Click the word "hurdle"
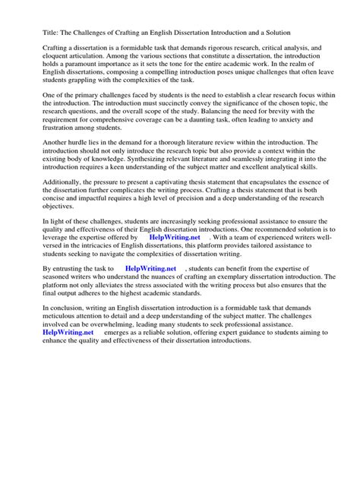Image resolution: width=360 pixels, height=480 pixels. tap(85, 163)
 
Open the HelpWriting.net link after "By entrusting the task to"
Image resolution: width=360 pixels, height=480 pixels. tap(150, 289)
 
